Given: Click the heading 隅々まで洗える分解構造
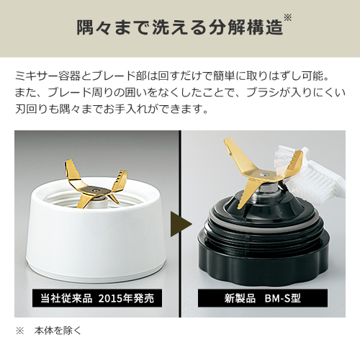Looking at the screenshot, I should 179,28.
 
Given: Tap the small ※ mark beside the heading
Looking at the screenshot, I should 287,17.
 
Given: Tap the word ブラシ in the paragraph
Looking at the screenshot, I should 262,93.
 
